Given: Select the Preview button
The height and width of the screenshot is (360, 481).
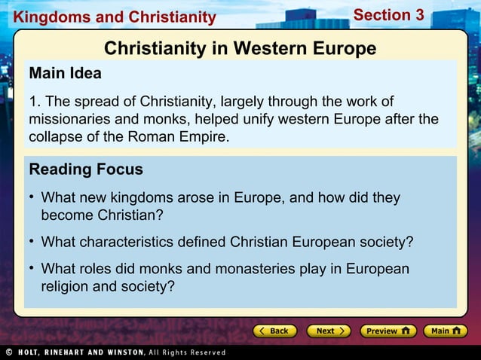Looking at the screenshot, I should click(x=387, y=331).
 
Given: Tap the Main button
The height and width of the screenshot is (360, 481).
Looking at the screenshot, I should click(x=445, y=331).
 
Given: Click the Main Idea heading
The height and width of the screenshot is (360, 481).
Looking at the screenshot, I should click(x=65, y=74).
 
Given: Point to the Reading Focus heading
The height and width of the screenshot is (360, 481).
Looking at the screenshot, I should click(x=85, y=169).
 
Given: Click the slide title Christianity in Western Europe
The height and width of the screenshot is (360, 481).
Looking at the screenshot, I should click(x=240, y=48).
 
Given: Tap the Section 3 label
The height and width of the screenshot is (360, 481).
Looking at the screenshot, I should click(x=388, y=14).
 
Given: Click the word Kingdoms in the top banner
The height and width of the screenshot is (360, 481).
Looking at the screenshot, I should click(x=41, y=17).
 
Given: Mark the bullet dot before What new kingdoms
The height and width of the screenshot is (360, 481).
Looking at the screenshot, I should click(x=32, y=197).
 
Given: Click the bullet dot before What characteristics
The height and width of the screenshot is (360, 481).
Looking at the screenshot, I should click(x=32, y=242).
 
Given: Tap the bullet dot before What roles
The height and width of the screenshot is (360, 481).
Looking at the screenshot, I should click(x=32, y=269).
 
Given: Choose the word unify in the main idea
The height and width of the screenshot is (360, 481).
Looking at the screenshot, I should click(x=269, y=120).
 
